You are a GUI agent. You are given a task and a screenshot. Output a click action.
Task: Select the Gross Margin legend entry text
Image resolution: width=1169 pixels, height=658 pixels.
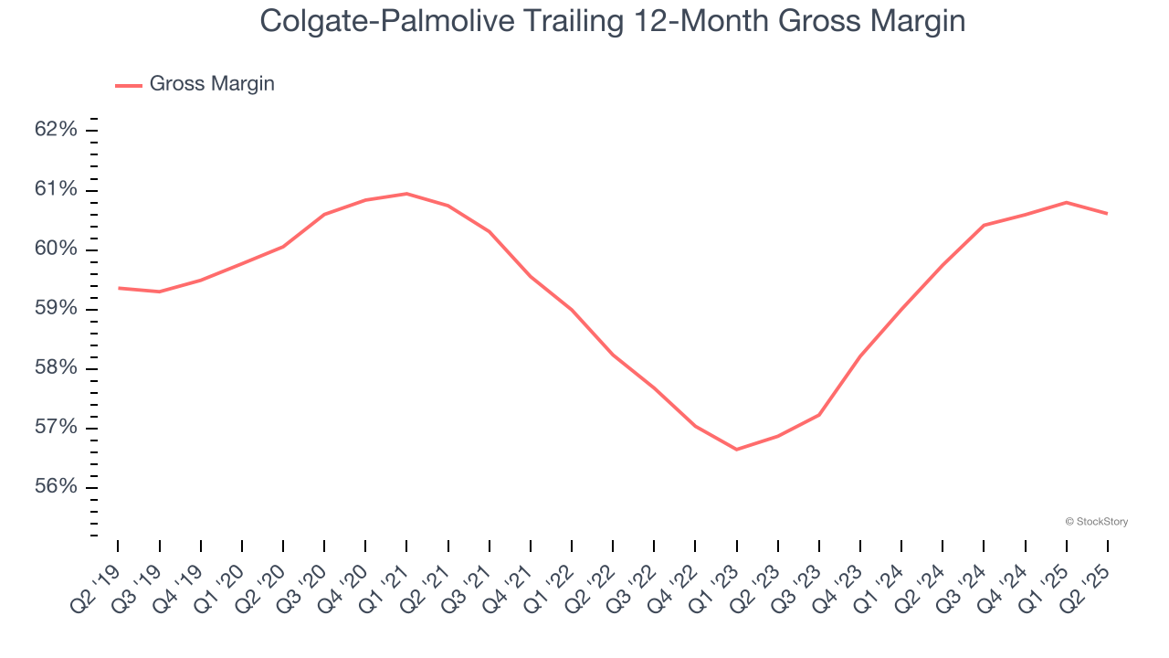(x=212, y=84)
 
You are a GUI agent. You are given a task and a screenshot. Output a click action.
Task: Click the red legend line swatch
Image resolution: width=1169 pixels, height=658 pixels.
(x=129, y=85)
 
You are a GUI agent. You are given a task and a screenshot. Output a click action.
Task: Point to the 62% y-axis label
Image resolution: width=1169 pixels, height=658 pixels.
(x=56, y=130)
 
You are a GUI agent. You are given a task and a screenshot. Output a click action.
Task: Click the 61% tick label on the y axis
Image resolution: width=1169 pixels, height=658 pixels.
(x=56, y=189)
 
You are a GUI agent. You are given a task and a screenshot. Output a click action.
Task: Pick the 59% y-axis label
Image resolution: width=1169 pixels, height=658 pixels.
(x=56, y=309)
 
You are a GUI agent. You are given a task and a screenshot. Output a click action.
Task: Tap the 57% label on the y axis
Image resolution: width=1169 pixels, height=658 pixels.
(x=56, y=428)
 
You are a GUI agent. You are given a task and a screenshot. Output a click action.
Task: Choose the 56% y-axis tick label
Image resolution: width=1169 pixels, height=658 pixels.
(x=56, y=487)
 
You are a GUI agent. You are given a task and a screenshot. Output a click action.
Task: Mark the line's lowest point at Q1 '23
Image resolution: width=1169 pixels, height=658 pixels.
(x=736, y=450)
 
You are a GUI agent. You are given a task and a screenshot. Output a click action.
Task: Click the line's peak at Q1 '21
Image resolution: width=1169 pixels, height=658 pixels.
(x=406, y=194)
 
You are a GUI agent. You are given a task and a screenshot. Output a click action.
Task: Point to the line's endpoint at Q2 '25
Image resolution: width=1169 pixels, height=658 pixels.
(x=1108, y=214)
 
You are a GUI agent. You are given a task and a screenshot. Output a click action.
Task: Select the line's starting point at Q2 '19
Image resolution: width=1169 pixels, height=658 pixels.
(x=119, y=288)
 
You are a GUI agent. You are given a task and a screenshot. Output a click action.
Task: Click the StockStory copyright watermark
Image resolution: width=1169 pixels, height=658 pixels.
(x=1097, y=522)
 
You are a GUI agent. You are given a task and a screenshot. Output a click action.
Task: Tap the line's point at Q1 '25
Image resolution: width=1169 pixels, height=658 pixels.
(x=1067, y=202)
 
